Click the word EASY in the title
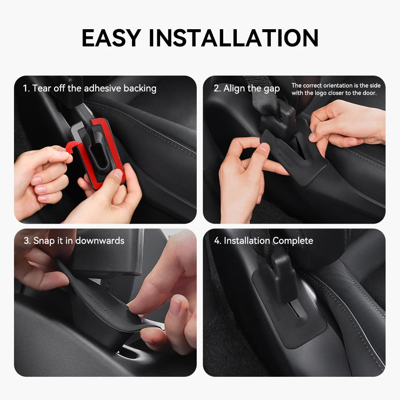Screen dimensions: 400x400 coord(111,38)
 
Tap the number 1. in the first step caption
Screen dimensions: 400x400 coord(26,88)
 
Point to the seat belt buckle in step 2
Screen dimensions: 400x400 coord(278,118)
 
